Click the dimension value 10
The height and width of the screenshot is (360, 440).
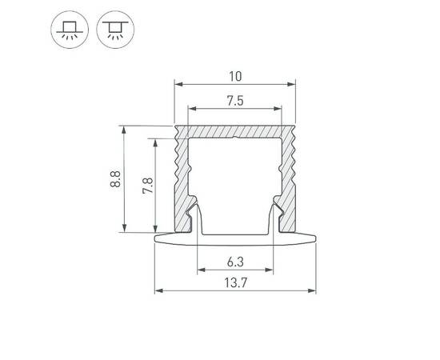click(235, 77)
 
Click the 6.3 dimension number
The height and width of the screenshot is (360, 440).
click(235, 262)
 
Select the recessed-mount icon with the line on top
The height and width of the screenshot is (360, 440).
click(110, 30)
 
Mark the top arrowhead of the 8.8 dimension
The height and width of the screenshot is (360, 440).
click(124, 127)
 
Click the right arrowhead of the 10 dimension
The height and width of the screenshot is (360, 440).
click(293, 84)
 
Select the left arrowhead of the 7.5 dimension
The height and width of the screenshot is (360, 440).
click(190, 107)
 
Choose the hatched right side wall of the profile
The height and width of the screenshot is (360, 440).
click(289, 176)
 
